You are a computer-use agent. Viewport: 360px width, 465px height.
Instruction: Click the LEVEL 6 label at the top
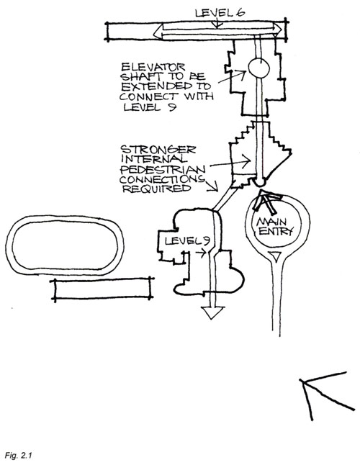pyautogui.click(x=220, y=12)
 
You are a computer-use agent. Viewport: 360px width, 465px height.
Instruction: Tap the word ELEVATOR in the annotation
pyautogui.click(x=153, y=66)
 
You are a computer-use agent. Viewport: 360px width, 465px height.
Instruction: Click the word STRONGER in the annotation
pyautogui.click(x=158, y=150)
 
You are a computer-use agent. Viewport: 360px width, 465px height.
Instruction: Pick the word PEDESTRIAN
pyautogui.click(x=163, y=169)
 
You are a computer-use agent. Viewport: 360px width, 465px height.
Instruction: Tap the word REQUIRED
pyautogui.click(x=156, y=189)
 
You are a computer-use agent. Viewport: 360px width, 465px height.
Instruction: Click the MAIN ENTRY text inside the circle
pyautogui.click(x=274, y=227)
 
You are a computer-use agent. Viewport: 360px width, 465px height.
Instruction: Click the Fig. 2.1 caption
pyautogui.click(x=18, y=455)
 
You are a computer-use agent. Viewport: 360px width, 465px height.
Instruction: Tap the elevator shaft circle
pyautogui.click(x=259, y=68)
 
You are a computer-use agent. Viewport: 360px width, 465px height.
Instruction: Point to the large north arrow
pyautogui.click(x=327, y=396)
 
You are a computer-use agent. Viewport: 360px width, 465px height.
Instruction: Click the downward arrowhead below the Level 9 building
pyautogui.click(x=212, y=312)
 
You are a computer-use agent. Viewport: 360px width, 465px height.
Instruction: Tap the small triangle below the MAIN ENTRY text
pyautogui.click(x=276, y=256)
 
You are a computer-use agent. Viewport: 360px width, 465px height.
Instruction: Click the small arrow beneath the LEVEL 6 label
pyautogui.click(x=217, y=24)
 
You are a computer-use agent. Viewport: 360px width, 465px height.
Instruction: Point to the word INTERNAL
pyautogui.click(x=154, y=159)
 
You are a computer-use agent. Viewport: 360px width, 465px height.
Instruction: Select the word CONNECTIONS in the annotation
pyautogui.click(x=162, y=179)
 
